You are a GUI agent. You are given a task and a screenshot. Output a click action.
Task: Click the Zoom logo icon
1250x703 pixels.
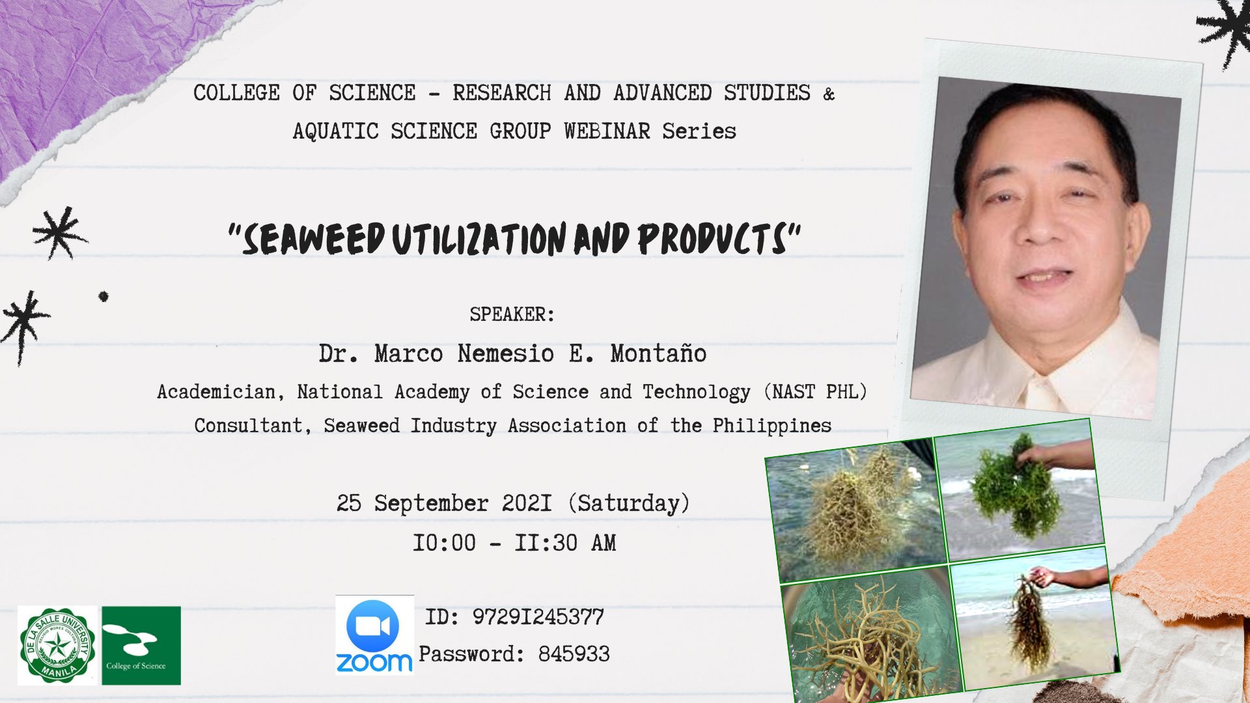tap(374, 635)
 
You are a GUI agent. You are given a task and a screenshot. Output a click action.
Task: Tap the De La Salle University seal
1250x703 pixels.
tap(57, 646)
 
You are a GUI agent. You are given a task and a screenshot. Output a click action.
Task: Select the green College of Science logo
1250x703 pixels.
tap(141, 646)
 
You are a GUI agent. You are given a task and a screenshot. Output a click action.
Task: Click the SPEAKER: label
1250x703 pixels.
tap(512, 314)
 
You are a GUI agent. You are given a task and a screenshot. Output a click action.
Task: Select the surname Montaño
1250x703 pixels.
tap(658, 353)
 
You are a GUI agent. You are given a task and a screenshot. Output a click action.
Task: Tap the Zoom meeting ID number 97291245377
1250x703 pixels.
tap(538, 617)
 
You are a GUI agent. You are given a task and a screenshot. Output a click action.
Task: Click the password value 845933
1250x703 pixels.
tap(574, 654)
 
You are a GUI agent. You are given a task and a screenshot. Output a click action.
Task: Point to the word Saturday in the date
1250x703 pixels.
tap(629, 503)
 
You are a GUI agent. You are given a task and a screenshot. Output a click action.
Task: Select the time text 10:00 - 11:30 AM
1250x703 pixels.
tap(514, 543)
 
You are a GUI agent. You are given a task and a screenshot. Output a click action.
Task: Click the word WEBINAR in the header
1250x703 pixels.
tap(607, 131)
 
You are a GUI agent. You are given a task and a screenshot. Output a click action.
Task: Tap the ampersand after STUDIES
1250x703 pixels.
tap(828, 94)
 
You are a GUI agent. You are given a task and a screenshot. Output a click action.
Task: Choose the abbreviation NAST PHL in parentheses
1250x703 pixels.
tap(814, 392)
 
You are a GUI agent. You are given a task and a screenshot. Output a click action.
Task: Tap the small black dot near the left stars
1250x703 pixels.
tap(104, 297)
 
